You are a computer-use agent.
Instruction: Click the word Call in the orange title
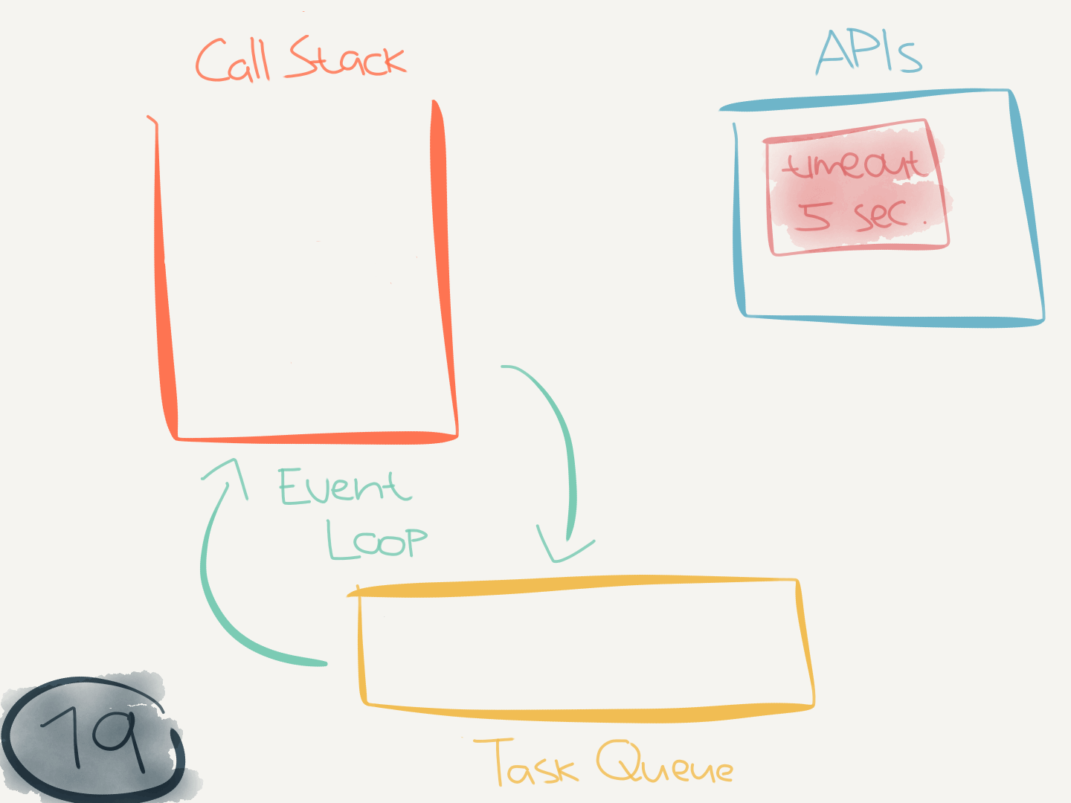pos(232,61)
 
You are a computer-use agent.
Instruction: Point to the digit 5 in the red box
pos(813,216)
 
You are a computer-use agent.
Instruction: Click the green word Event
pos(344,488)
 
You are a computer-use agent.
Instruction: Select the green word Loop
pos(377,540)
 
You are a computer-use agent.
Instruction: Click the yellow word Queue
pos(664,764)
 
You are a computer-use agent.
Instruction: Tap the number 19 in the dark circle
pos(93,736)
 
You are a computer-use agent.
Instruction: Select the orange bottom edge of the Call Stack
pos(316,438)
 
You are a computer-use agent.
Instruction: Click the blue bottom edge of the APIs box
pos(892,321)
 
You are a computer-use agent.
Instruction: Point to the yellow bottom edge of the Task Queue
pos(588,714)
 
